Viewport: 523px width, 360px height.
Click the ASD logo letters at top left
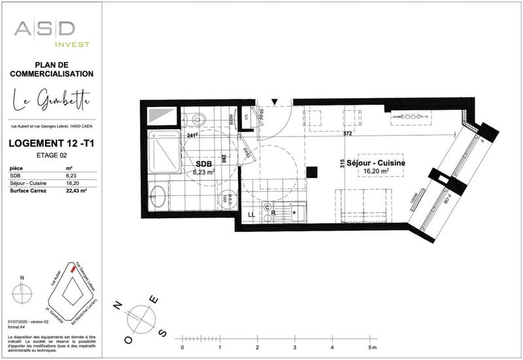45,28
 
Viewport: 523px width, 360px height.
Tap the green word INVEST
72,44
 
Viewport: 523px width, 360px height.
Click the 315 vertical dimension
341,165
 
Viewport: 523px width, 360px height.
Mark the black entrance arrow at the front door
275,101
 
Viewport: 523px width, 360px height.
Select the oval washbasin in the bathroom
157,195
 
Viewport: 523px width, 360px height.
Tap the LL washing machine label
251,214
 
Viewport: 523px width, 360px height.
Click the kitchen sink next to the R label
297,212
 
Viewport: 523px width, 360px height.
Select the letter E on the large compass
154,300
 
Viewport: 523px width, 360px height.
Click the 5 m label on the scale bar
371,347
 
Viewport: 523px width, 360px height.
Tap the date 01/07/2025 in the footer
20,323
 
